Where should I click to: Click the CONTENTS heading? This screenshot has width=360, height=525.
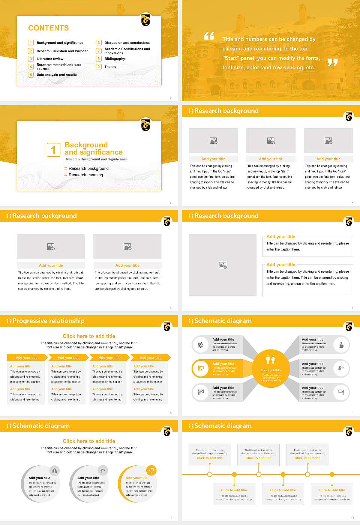[x=48, y=28]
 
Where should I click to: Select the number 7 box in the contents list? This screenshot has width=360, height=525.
[x=99, y=51]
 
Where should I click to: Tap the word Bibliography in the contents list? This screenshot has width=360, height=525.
[x=115, y=59]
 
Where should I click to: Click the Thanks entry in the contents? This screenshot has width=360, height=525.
[x=110, y=67]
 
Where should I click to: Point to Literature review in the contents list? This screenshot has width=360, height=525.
[x=50, y=59]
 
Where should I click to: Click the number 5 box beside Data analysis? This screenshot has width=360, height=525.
[x=31, y=75]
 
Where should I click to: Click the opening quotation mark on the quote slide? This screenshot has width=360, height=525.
[x=209, y=36]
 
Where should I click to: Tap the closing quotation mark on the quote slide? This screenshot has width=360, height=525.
[x=332, y=63]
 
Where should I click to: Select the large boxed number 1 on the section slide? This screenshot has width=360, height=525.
[x=53, y=150]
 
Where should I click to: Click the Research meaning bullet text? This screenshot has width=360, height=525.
[x=85, y=175]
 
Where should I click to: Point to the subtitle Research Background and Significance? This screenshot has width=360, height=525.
[x=96, y=159]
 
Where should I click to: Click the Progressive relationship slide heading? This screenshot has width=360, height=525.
[x=48, y=321]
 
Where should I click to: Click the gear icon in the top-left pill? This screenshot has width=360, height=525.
[x=201, y=345]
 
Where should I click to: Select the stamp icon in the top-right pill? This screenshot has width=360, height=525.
[x=341, y=344]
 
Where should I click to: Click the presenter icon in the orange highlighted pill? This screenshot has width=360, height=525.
[x=201, y=368]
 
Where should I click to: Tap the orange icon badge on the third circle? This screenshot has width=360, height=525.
[x=151, y=470]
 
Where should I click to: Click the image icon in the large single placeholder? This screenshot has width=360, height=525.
[x=223, y=265]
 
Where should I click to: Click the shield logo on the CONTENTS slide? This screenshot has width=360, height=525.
[x=145, y=20]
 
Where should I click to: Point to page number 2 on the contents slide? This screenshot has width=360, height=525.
[x=171, y=98]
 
